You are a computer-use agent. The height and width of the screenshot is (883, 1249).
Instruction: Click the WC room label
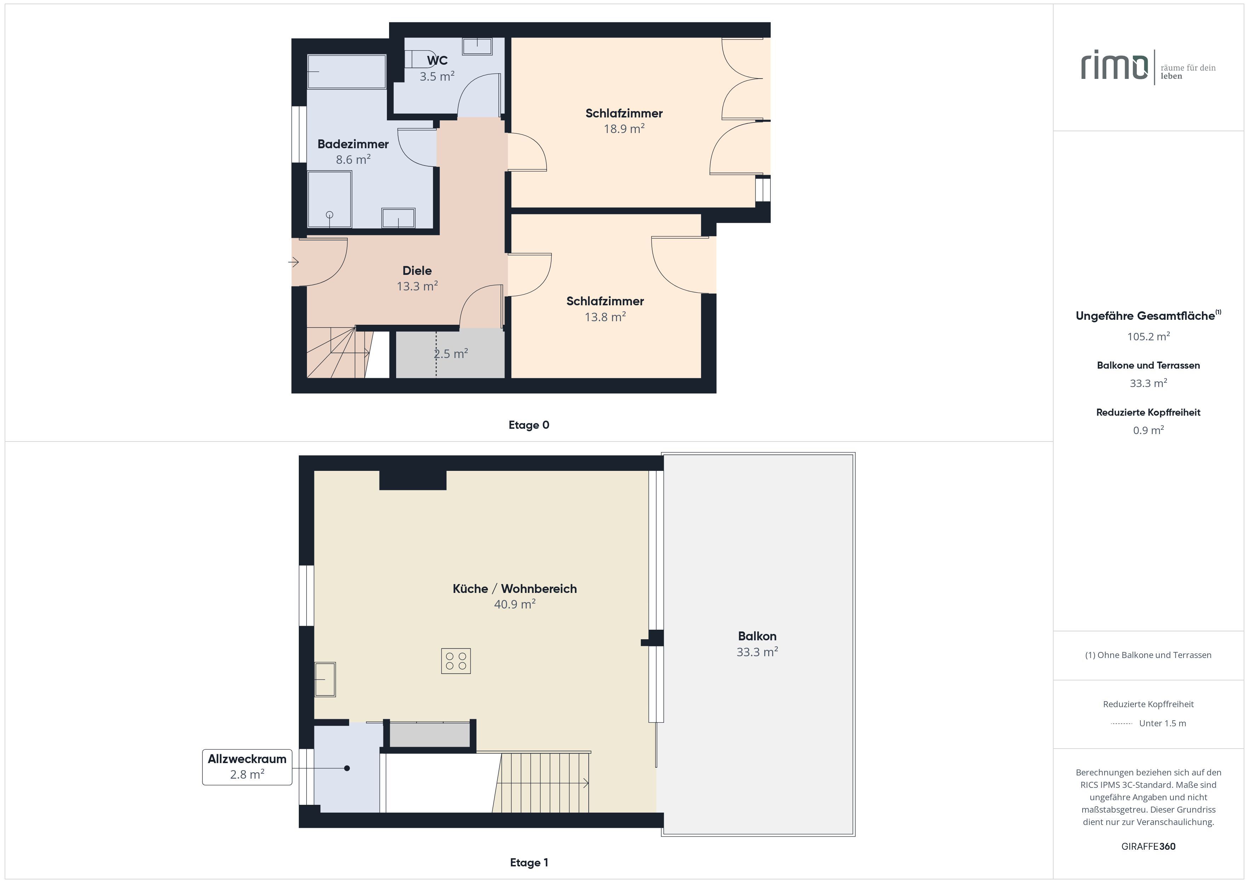coord(437,60)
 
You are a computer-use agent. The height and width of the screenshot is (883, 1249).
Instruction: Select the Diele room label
coord(417,271)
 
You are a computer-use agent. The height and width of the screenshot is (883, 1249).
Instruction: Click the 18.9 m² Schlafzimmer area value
coord(624,129)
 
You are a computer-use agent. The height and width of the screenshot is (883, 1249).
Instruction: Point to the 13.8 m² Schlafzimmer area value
coord(605,317)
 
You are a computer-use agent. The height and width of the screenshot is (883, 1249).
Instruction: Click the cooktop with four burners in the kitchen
coord(456,661)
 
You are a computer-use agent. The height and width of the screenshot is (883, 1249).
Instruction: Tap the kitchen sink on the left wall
coord(325,679)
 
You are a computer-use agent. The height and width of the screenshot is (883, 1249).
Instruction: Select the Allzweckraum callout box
coord(247,767)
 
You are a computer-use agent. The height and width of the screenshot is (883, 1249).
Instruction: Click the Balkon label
coord(757,636)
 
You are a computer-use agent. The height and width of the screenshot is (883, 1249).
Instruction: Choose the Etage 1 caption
coord(529,862)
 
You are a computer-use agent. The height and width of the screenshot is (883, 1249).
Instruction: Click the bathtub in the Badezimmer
coord(347,71)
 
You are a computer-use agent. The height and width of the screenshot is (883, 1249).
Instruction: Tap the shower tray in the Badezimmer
coord(330,200)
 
